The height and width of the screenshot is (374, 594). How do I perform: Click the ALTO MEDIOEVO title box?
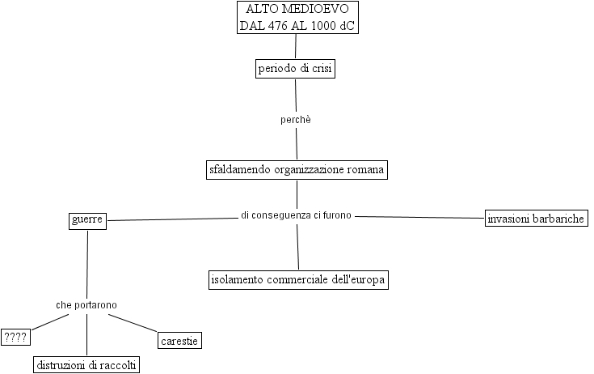point(297,17)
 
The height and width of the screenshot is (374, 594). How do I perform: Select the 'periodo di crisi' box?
point(295,69)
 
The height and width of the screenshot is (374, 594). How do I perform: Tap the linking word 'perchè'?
point(295,119)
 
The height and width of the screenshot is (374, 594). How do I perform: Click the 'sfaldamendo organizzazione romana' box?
point(297,170)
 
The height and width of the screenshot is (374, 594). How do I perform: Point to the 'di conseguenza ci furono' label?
point(296,215)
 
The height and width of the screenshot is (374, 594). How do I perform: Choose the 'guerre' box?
point(87,219)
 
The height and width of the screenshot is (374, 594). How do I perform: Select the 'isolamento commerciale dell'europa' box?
point(298,280)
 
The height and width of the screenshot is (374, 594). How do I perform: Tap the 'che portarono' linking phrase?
point(86,304)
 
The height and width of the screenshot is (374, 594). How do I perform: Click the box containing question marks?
point(15,337)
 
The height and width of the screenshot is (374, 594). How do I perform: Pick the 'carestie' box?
point(179,341)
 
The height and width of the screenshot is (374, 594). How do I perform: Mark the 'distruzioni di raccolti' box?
point(87,364)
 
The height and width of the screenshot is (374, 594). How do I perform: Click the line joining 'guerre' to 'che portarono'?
point(86,263)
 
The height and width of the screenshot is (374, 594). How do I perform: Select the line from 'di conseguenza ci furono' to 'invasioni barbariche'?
point(420,217)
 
